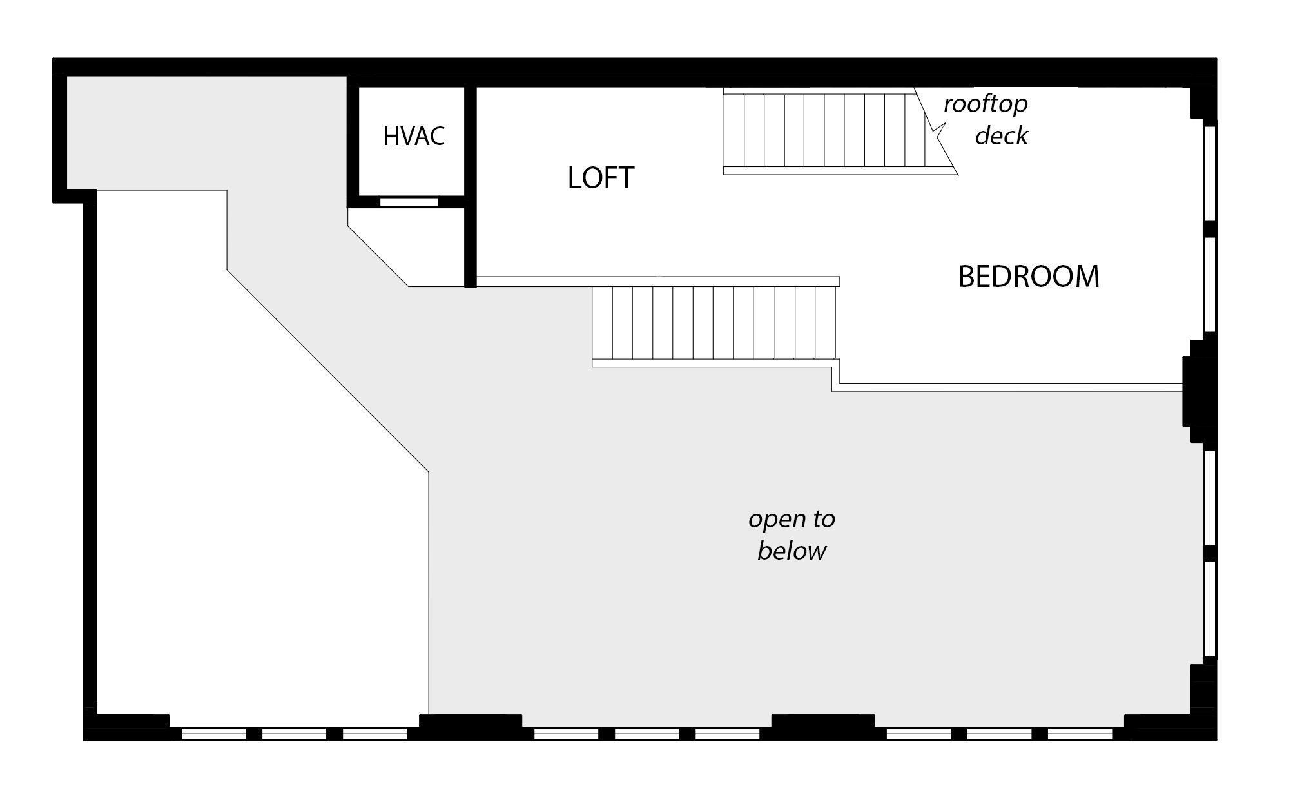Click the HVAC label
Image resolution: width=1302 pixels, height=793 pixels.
(414, 136)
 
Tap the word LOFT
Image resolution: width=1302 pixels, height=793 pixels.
(601, 177)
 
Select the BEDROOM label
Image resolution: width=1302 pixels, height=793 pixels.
(1028, 277)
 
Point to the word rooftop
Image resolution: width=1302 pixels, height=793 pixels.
(986, 104)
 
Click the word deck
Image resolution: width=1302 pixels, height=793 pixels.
(1001, 135)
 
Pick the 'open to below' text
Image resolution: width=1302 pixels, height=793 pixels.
(792, 534)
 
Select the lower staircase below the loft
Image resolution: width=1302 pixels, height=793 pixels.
(714, 324)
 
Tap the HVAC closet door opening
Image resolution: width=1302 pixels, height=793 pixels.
(409, 202)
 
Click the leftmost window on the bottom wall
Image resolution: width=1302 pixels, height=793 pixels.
(213, 734)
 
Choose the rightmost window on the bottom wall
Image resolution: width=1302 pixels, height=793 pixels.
(1080, 734)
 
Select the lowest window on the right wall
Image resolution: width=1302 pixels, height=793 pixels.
(1210, 609)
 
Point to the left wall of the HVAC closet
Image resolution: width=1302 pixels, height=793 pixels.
(353, 142)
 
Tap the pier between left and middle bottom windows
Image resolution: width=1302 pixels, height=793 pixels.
(469, 726)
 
